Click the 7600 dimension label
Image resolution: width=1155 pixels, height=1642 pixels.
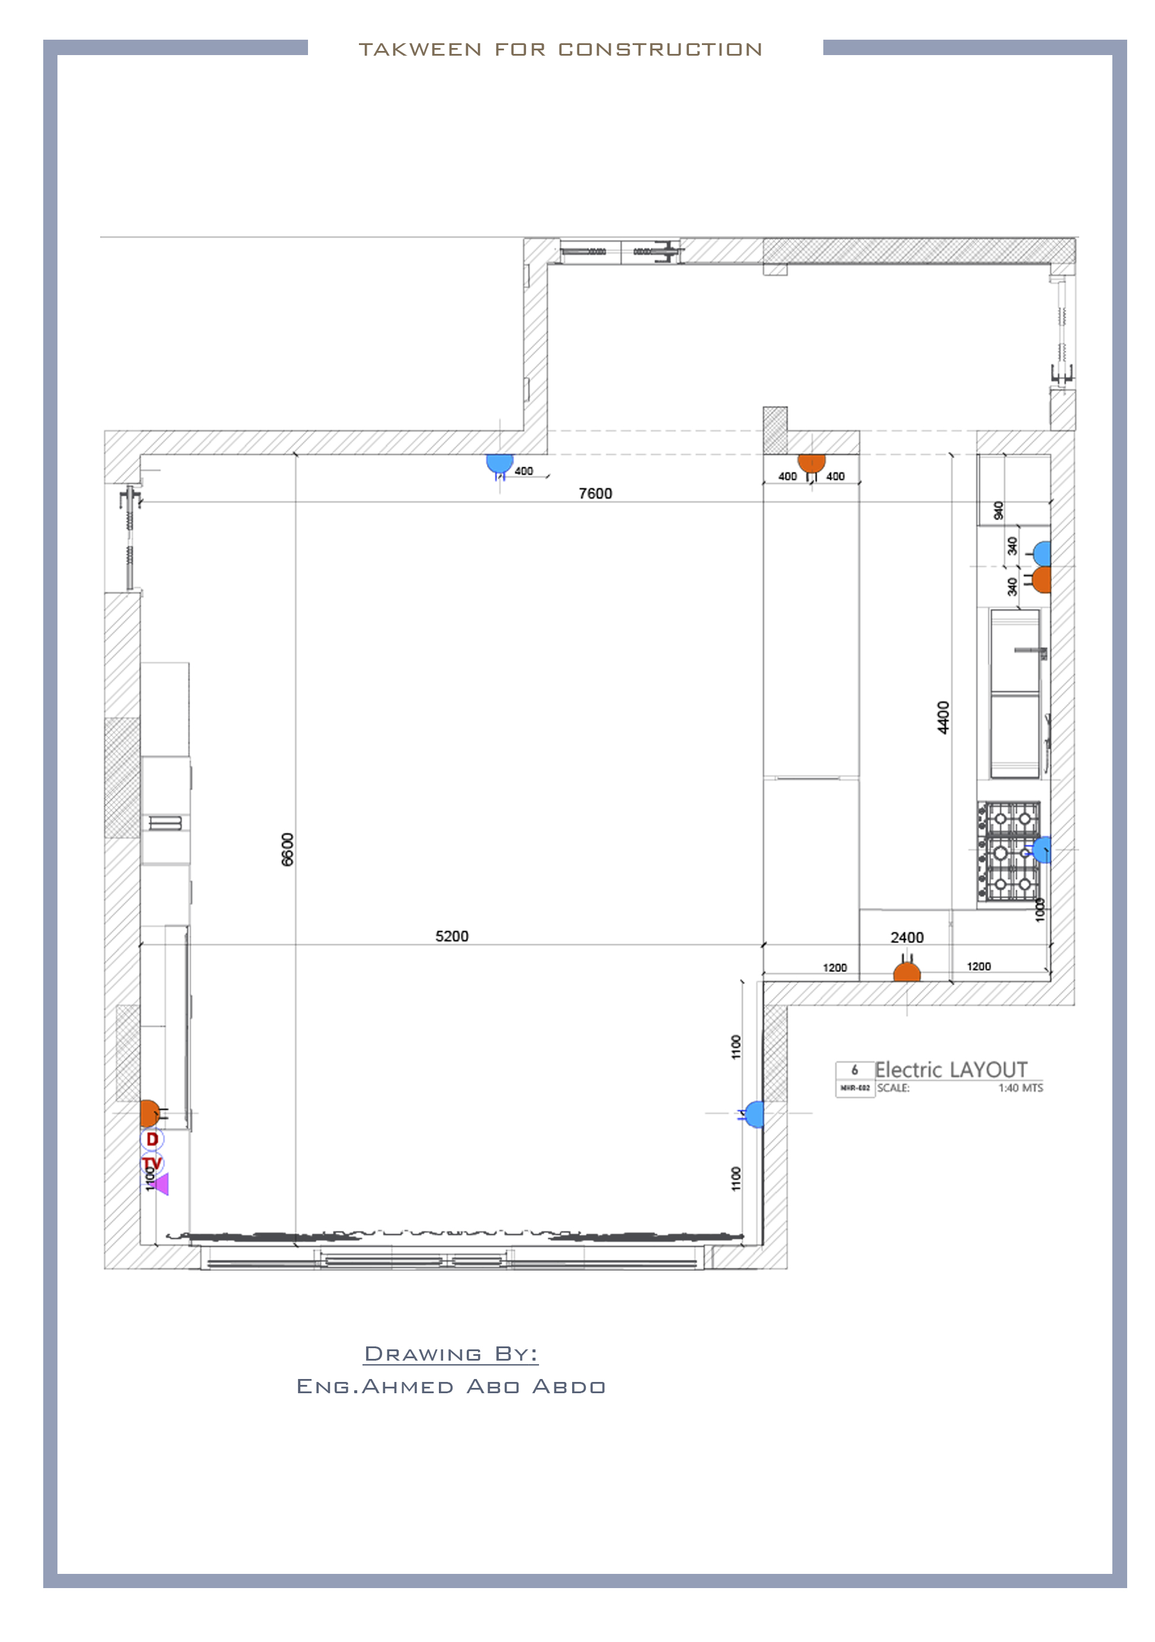click(x=595, y=493)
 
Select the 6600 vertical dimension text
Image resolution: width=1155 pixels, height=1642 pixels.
click(x=287, y=849)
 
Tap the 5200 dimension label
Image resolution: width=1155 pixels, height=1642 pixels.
click(x=451, y=936)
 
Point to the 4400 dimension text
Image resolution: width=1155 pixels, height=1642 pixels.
click(x=944, y=717)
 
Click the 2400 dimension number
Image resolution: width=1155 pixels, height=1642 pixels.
click(x=906, y=938)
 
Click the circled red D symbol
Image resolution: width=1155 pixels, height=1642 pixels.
click(x=152, y=1139)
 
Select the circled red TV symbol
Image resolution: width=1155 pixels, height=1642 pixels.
click(x=152, y=1163)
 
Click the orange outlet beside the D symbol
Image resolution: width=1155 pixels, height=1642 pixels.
click(x=149, y=1114)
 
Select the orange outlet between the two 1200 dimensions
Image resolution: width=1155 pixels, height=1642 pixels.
click(x=906, y=973)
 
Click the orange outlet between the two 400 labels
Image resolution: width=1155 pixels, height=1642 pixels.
click(x=811, y=462)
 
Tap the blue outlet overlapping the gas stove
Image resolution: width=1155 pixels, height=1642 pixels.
click(x=1042, y=849)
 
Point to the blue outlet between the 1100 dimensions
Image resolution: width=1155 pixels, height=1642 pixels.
click(x=755, y=1114)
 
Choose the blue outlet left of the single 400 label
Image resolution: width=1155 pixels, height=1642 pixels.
click(x=499, y=462)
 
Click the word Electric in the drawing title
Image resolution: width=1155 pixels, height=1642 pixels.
click(x=907, y=1070)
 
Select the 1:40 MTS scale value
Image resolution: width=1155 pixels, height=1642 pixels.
click(x=1020, y=1088)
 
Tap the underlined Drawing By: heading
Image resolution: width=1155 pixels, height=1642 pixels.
click(x=451, y=1354)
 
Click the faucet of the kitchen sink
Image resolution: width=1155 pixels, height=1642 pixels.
click(x=1031, y=651)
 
